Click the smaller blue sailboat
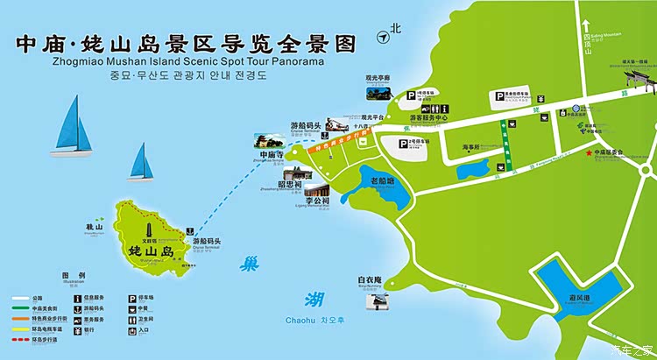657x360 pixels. [138, 162]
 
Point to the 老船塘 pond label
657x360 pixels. [385, 181]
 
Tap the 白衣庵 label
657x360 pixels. [370, 279]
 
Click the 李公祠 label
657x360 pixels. [317, 201]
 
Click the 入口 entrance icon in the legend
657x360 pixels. [131, 331]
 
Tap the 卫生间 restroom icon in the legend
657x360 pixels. [131, 320]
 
